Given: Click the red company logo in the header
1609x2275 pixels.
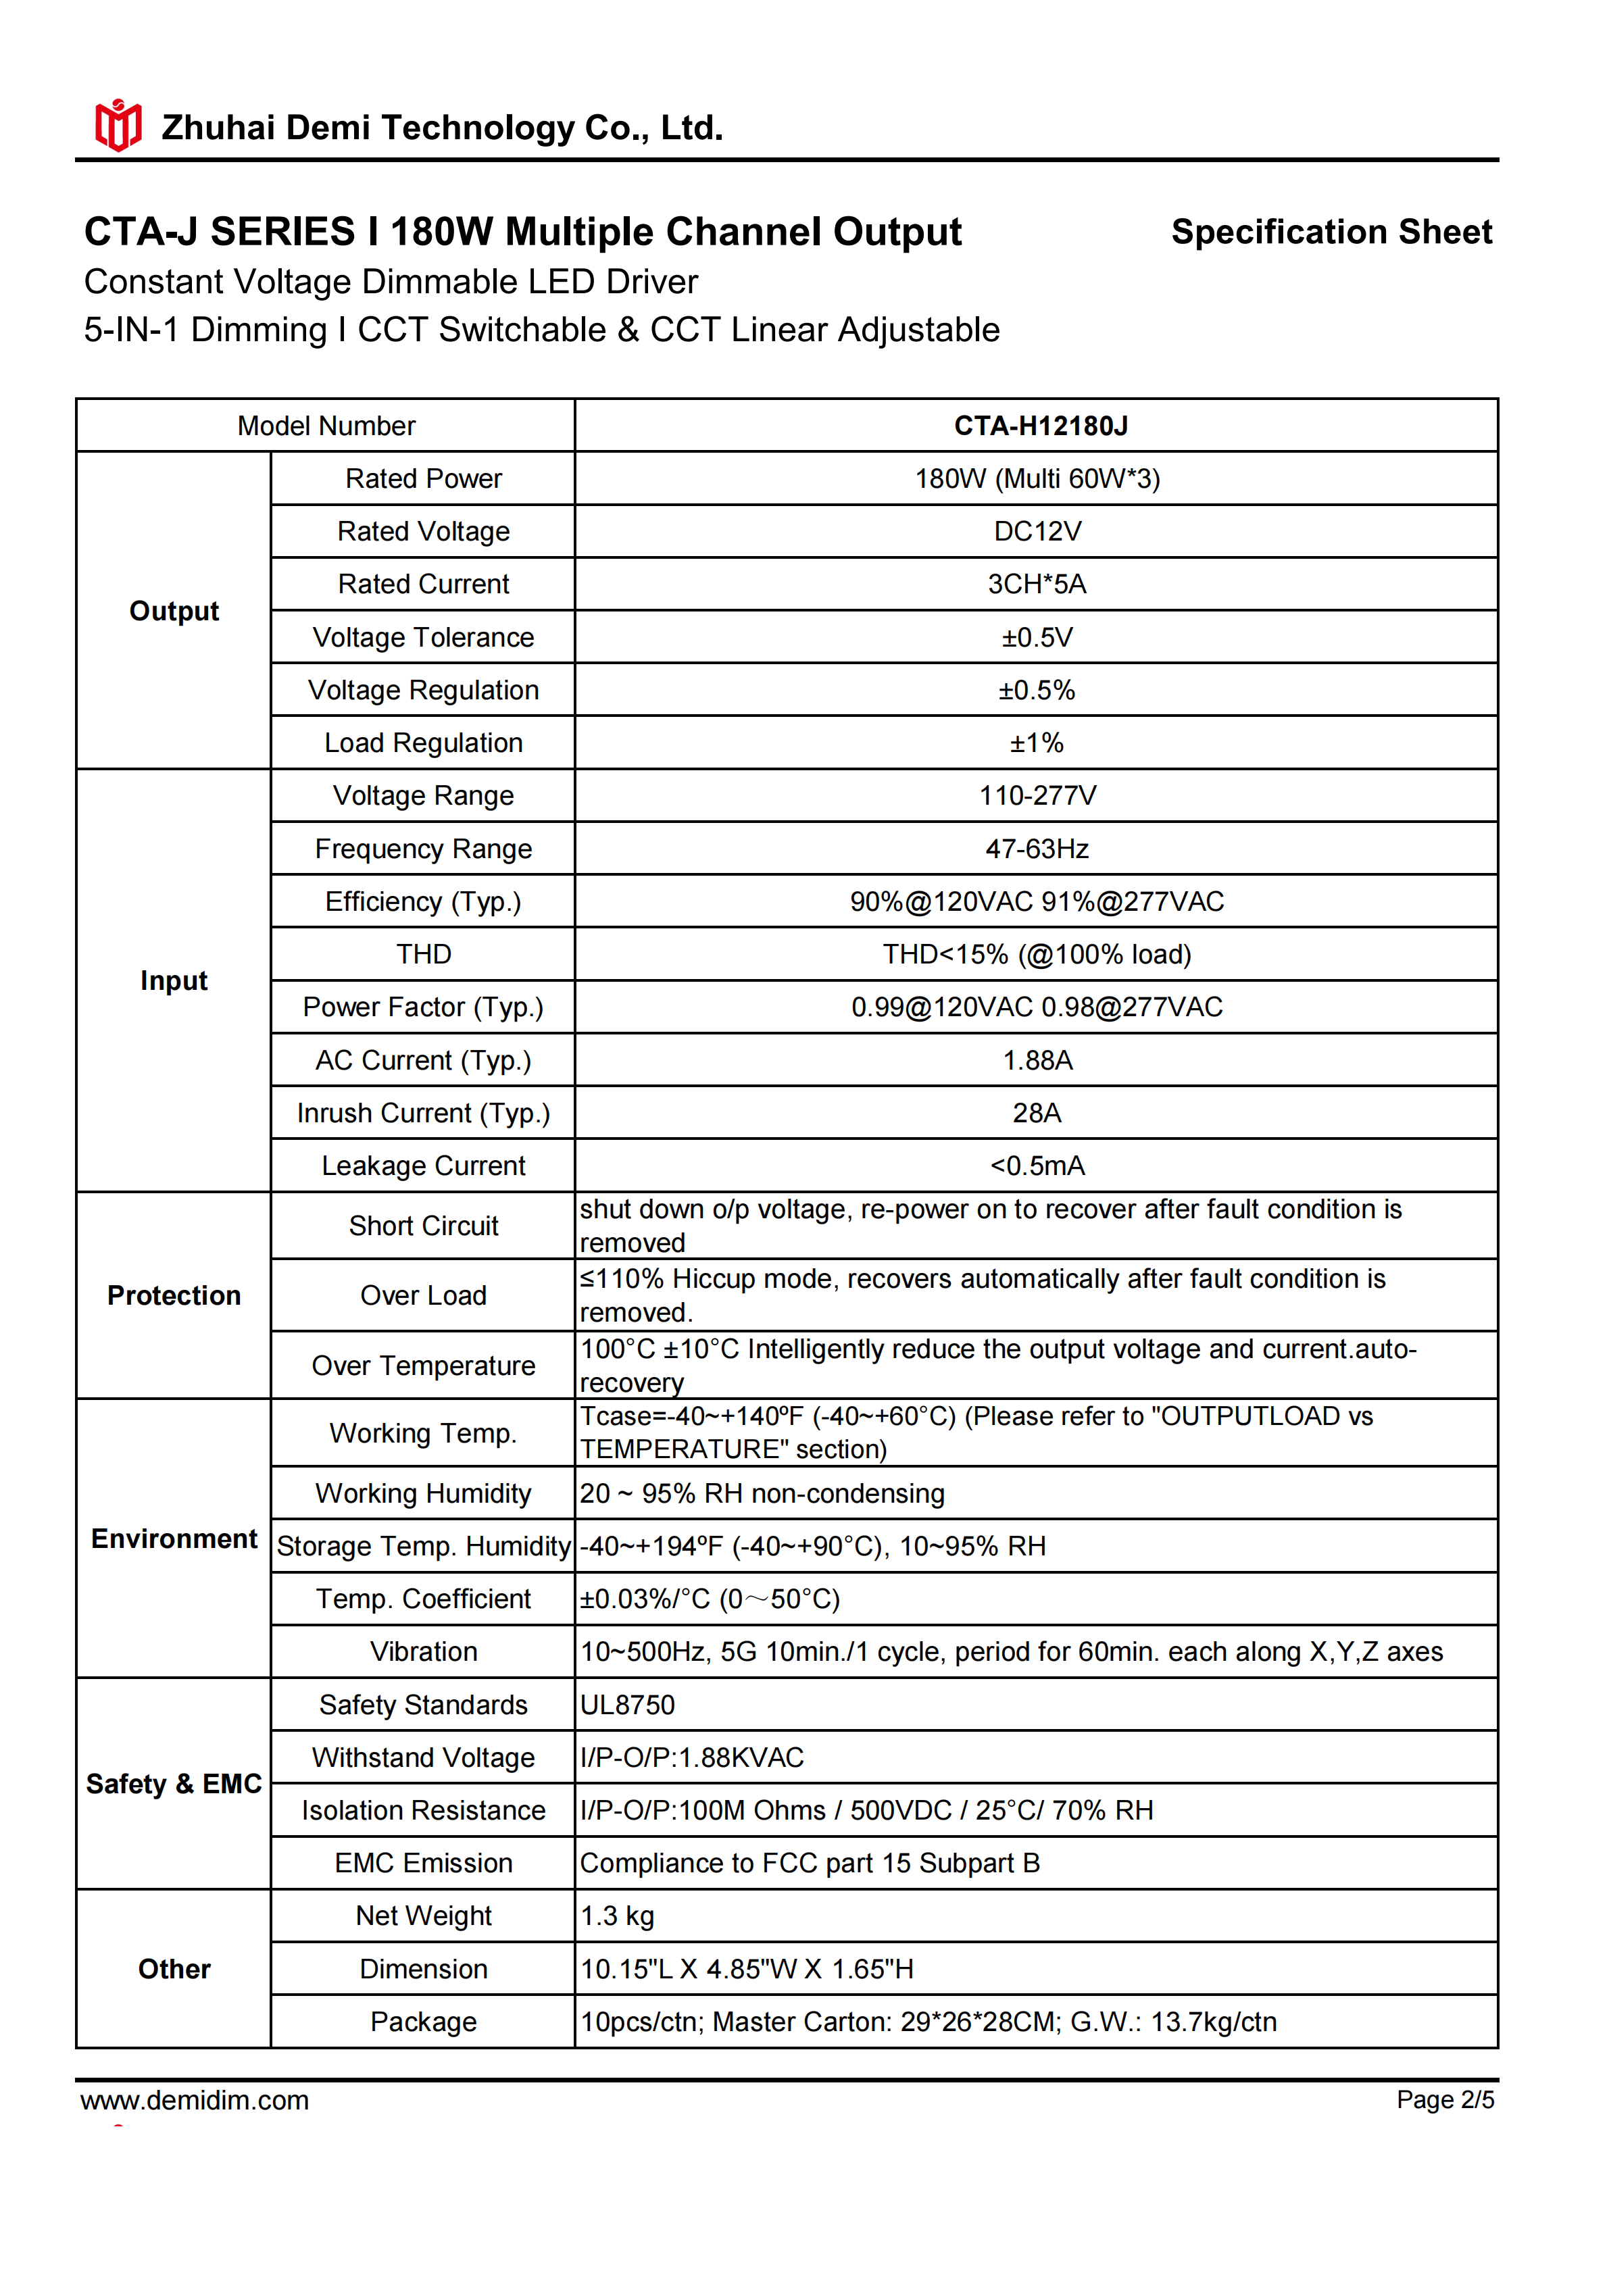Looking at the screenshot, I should [x=118, y=126].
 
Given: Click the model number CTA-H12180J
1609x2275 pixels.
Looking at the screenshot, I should [x=1040, y=426].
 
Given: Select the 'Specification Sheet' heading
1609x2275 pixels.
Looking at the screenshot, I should [x=1331, y=232].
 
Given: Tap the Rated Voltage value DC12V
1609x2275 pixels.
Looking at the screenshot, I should [x=1037, y=532].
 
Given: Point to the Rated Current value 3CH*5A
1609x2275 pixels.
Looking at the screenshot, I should [x=1037, y=584].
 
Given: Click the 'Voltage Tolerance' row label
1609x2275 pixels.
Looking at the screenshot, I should [x=423, y=637].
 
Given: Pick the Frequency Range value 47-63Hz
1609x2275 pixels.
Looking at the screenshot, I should [x=1037, y=849].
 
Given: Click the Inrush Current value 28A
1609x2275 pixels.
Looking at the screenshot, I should [x=1037, y=1113].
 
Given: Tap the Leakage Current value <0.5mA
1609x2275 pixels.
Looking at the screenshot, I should [x=1037, y=1166].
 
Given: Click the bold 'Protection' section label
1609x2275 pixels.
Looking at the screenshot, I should [x=174, y=1295].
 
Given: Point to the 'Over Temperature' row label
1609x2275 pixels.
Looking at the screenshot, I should [x=423, y=1366].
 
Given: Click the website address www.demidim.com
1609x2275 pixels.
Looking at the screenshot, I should [x=195, y=2101].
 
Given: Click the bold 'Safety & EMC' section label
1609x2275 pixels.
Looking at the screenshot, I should [x=174, y=1784].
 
